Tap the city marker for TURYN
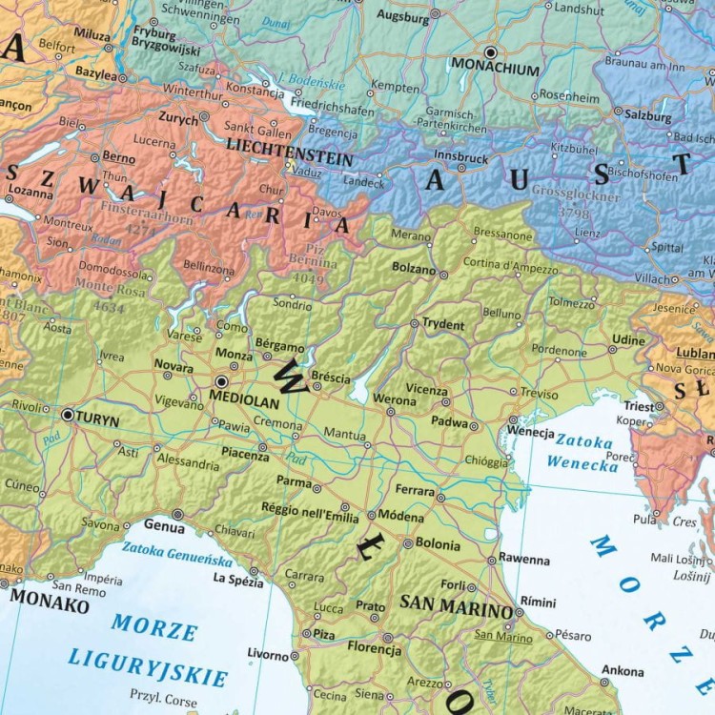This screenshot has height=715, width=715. pos(68,415)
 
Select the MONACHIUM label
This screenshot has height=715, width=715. pos(495,70)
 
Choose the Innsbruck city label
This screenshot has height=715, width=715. pos(460,156)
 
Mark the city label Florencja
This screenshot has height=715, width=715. pos(374,649)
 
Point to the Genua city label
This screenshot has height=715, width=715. pos(164,524)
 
